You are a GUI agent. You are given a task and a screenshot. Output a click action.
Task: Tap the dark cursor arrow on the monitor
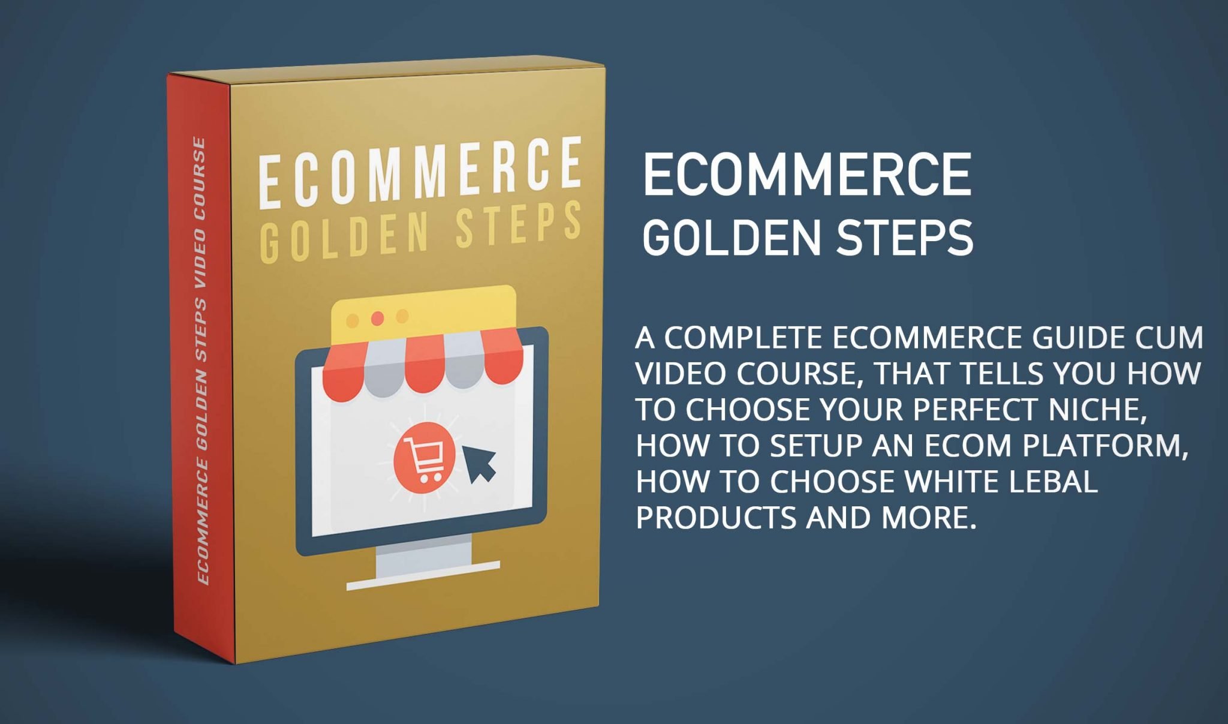(478, 463)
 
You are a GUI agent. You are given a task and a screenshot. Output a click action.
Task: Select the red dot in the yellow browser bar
(377, 318)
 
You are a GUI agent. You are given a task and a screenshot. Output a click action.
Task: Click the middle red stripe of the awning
(424, 363)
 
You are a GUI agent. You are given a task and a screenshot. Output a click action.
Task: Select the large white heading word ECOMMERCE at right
(807, 174)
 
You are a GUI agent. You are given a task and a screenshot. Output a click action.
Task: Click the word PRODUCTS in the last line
(717, 518)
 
